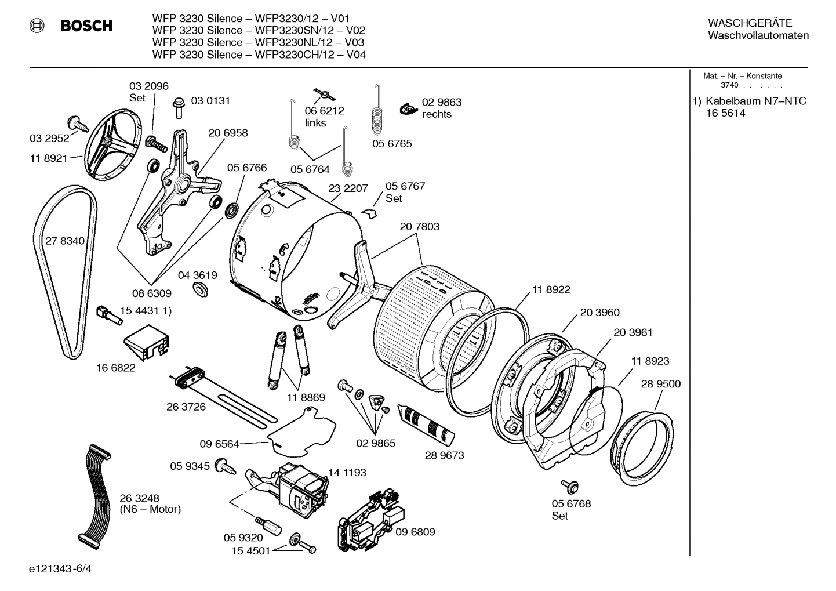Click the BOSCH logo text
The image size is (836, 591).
coord(86,26)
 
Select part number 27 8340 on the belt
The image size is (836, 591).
coord(64,241)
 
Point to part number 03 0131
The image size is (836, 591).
coord(210,101)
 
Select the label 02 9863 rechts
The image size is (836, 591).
coord(441,108)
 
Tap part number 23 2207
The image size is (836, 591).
coord(348,188)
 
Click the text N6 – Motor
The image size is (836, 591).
coord(150,510)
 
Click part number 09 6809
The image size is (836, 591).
coord(415,532)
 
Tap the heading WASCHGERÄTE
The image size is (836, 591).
coord(750,23)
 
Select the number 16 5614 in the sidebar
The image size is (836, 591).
coord(725,114)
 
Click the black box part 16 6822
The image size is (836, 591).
coord(147,345)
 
